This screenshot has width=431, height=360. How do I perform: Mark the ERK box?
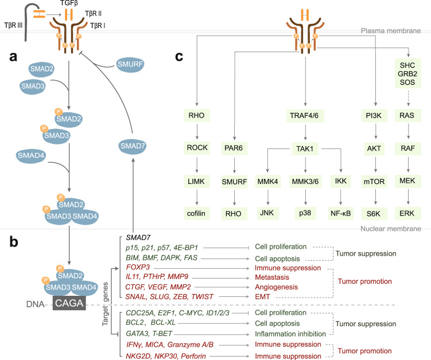pyautogui.click(x=410, y=214)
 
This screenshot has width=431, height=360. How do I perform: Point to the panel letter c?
pyautogui.click(x=180, y=57)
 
